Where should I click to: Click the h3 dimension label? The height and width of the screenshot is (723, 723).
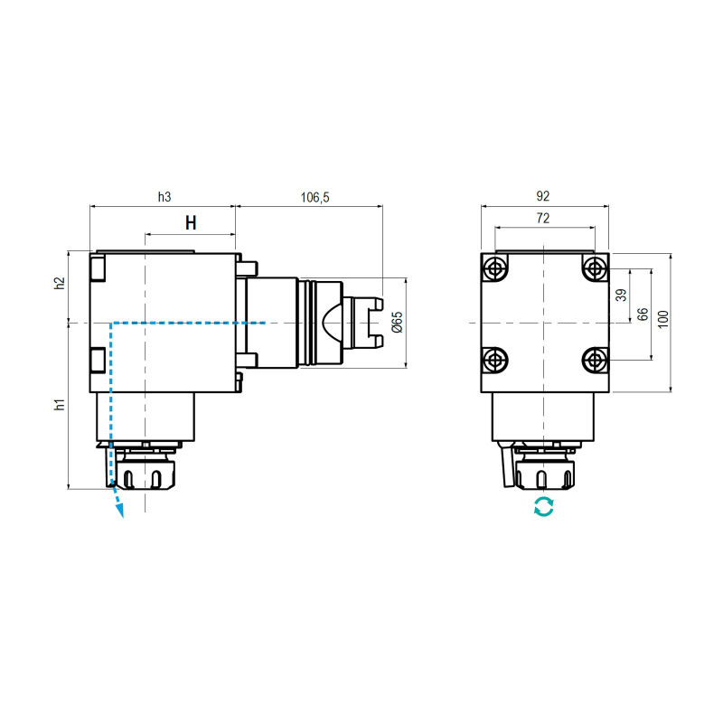[164, 196]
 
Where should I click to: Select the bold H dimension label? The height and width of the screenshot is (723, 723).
[191, 223]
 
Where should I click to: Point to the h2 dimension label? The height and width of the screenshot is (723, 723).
[60, 283]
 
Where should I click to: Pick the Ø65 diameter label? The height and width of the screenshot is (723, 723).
[398, 322]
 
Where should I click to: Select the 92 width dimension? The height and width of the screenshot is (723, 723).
[543, 195]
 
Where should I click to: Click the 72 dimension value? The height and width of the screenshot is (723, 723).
[543, 219]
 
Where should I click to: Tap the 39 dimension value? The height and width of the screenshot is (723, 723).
[620, 296]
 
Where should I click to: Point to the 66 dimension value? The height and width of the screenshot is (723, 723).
[643, 315]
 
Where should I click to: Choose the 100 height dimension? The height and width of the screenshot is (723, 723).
[663, 319]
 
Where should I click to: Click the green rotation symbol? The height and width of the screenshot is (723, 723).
[543, 507]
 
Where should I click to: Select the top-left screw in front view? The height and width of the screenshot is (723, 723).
[494, 268]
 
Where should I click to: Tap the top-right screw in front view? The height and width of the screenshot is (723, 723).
[593, 268]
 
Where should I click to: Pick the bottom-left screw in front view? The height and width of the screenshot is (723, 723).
[494, 361]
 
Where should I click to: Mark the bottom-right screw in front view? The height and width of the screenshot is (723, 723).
[593, 361]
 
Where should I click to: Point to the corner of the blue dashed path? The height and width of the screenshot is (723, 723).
[110, 323]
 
